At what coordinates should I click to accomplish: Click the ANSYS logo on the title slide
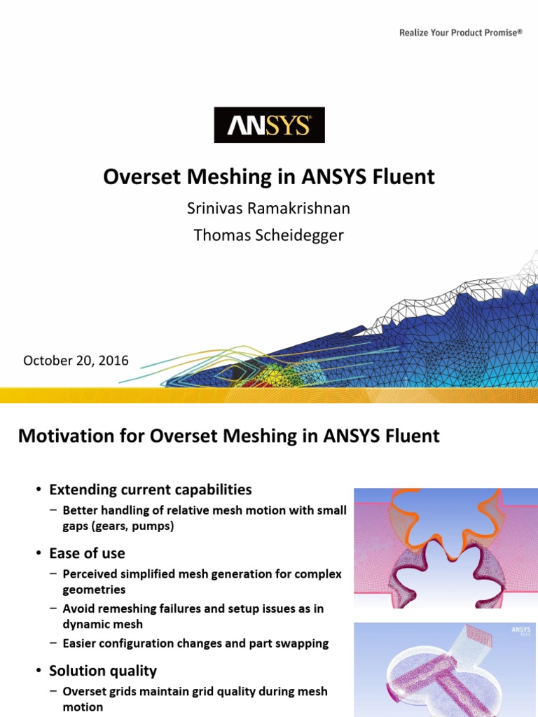click(269, 125)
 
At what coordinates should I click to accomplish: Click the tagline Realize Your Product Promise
click(461, 32)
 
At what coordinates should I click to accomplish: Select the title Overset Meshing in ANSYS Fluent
click(269, 177)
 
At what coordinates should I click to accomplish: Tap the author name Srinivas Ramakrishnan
click(269, 209)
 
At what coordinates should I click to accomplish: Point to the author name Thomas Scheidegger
click(269, 235)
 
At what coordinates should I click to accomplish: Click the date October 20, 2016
click(76, 361)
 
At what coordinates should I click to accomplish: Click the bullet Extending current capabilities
click(150, 489)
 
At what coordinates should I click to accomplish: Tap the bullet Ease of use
click(87, 553)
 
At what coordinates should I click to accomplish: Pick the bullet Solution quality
click(103, 671)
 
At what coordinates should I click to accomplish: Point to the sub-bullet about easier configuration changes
click(195, 643)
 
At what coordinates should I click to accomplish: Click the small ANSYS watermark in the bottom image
click(520, 632)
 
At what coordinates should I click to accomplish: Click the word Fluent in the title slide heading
click(406, 177)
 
